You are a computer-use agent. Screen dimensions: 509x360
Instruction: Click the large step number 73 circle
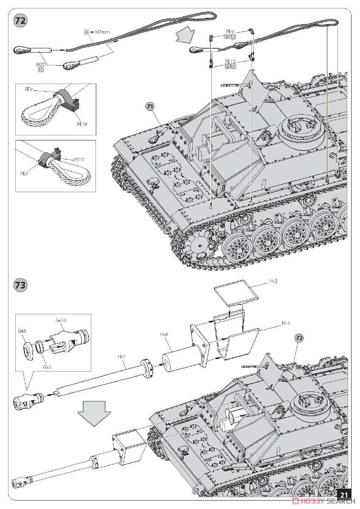[20, 285]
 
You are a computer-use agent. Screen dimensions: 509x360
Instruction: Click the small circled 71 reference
[149, 106]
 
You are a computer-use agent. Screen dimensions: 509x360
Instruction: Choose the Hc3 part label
[286, 323]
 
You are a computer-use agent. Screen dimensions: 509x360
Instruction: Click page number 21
[344, 495]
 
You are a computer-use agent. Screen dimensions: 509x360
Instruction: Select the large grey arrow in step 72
[186, 35]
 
